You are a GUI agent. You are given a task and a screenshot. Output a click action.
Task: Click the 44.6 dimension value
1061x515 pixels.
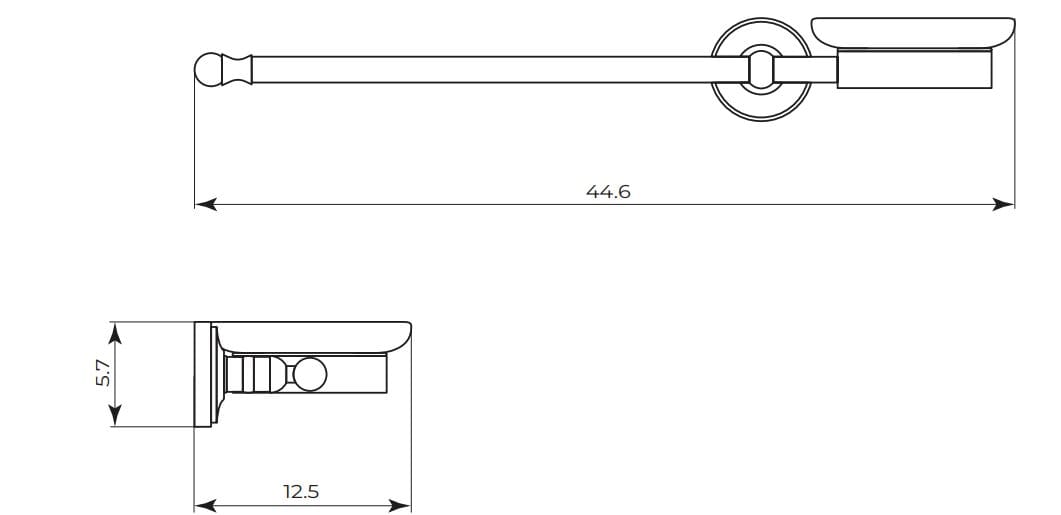[x=608, y=191]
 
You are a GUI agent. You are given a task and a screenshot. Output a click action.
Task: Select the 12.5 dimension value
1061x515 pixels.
[x=301, y=492]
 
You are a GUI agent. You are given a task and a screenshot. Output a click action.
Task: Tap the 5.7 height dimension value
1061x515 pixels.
[x=104, y=375]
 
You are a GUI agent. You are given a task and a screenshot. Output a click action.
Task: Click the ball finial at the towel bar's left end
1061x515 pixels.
[x=208, y=69]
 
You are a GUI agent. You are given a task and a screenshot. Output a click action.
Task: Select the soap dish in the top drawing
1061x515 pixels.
[x=912, y=35]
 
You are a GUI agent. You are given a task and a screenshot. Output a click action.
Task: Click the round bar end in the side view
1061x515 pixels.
[x=309, y=375]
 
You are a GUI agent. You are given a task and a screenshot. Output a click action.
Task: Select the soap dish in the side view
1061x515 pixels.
[x=313, y=336]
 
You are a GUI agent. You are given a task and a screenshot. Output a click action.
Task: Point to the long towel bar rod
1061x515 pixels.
[x=480, y=69]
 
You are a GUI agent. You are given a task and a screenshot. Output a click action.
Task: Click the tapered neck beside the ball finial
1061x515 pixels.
[x=238, y=69]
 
